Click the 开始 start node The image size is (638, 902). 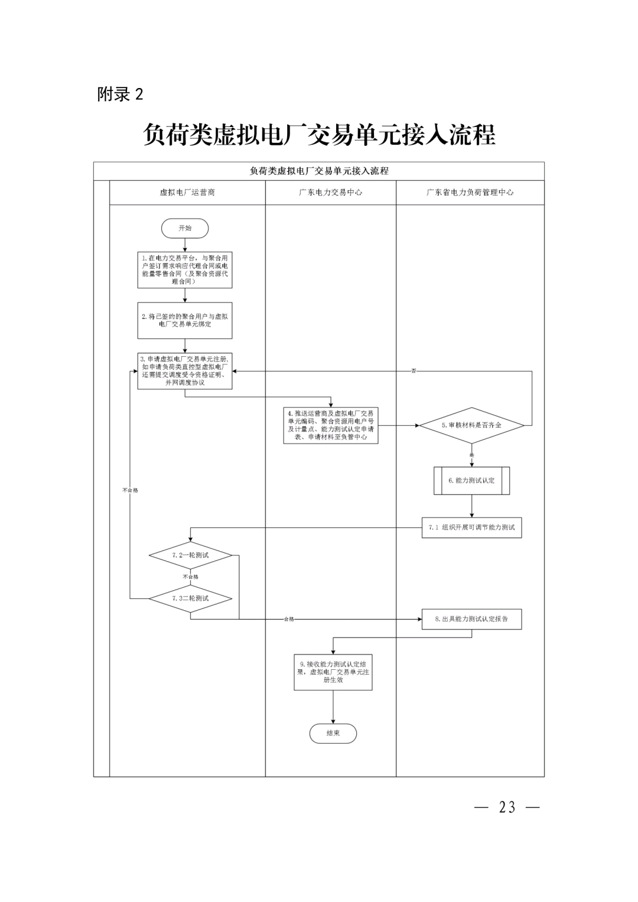(185, 228)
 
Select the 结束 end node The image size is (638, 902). (333, 733)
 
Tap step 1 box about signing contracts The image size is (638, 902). (185, 270)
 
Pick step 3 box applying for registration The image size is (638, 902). (185, 371)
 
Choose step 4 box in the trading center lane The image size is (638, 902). (331, 425)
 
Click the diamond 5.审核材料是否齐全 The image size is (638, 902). (471, 425)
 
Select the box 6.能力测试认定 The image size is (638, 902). (471, 480)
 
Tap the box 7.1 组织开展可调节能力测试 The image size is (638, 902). (471, 527)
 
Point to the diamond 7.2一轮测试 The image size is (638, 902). (190, 555)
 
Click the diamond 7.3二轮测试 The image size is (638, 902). (190, 598)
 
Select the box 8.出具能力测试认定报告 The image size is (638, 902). (471, 619)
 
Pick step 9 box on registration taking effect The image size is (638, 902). (333, 672)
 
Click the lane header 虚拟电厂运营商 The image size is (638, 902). (187, 193)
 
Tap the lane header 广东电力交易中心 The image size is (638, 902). (331, 193)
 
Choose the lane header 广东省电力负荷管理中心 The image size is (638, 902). (470, 193)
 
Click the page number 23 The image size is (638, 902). (507, 807)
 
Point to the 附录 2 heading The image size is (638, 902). (121, 95)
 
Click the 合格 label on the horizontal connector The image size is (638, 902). (288, 619)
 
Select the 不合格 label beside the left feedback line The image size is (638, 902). (130, 490)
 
